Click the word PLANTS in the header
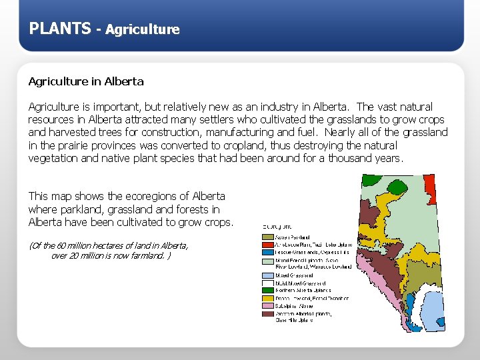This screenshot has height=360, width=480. click(x=60, y=28)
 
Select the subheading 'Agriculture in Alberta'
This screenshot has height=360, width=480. click(x=85, y=81)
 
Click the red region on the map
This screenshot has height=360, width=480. click(x=430, y=183)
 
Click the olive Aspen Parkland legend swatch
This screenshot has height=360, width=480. click(x=267, y=236)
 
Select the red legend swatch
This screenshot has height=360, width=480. click(x=267, y=244)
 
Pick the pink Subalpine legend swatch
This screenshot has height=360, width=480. click(x=267, y=305)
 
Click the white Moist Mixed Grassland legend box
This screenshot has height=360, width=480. click(x=267, y=283)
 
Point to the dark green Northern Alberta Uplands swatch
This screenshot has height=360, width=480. click(x=267, y=290)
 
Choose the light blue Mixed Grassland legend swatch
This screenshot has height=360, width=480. click(x=267, y=275)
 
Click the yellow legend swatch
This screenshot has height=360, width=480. click(x=267, y=298)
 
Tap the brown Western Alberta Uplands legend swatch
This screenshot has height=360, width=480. click(x=267, y=313)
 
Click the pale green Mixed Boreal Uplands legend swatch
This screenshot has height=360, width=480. click(x=267, y=260)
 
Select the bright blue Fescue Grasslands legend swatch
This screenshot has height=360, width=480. click(x=267, y=252)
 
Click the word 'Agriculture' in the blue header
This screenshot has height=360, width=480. click(x=142, y=29)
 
